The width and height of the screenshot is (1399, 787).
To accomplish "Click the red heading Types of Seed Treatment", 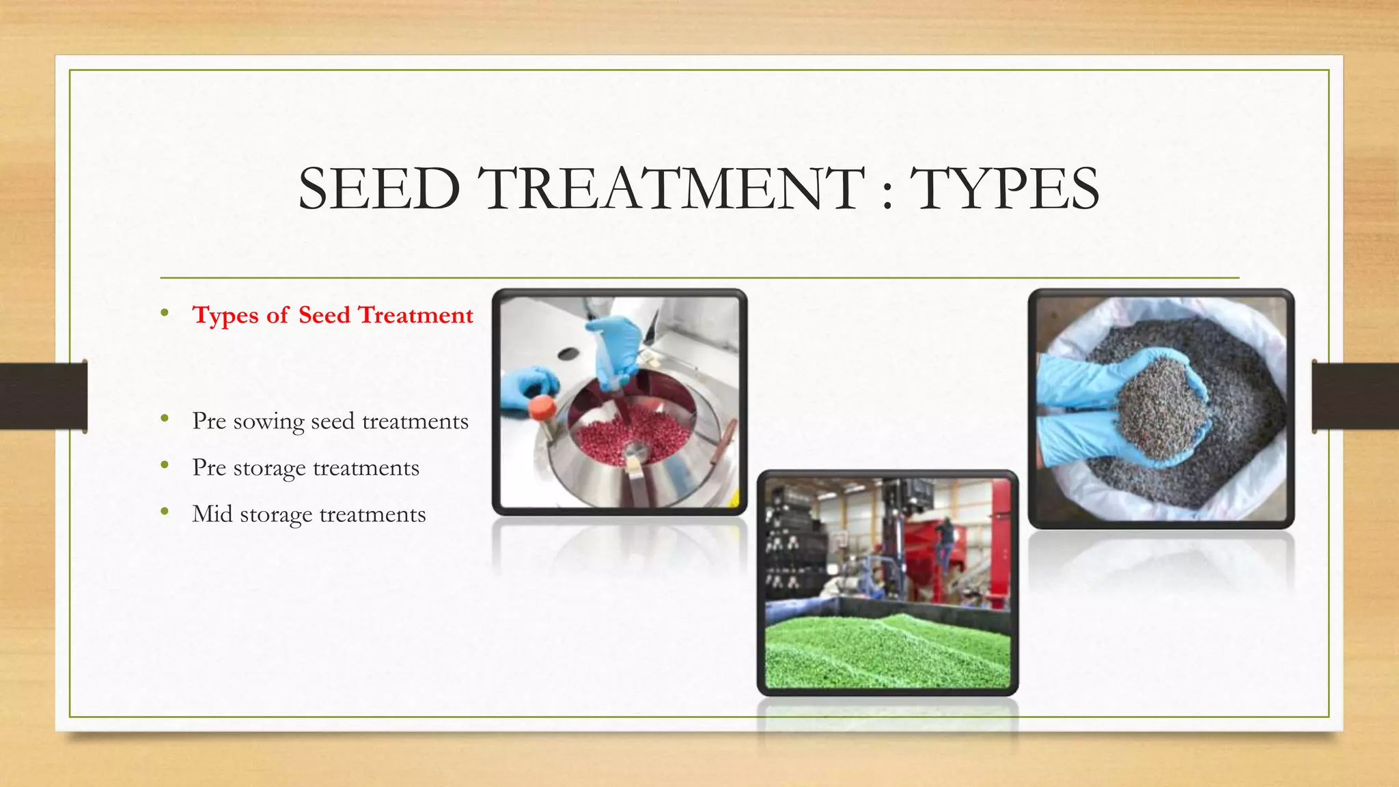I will coord(333,315).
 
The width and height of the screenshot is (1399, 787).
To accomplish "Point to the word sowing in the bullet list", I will coord(268,422).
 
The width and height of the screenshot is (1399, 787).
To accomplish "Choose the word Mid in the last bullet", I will coord(212,514).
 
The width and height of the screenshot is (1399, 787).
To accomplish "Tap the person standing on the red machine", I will coord(946,540).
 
